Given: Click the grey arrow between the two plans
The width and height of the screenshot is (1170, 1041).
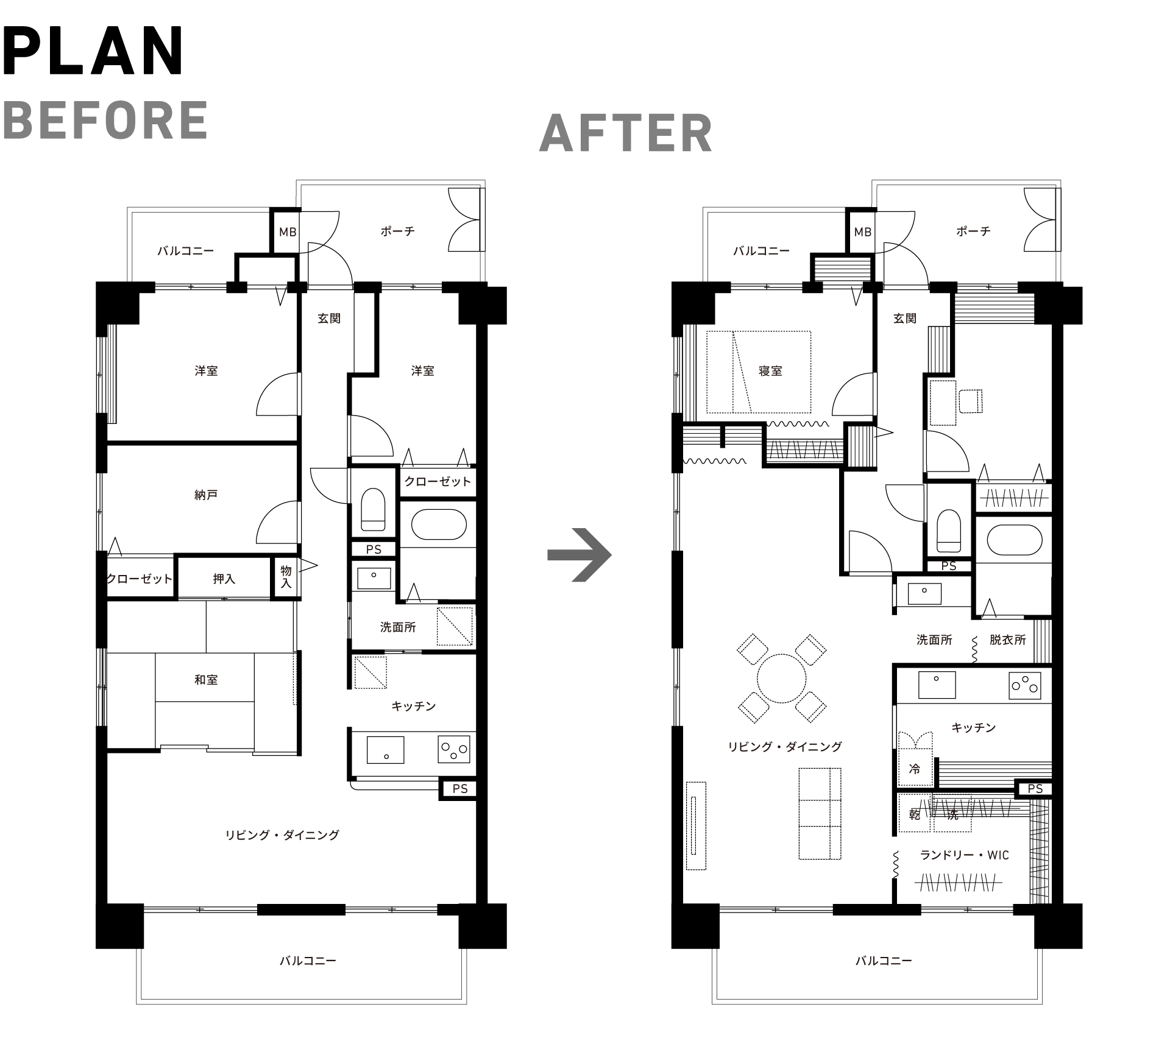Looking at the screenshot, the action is click(579, 554).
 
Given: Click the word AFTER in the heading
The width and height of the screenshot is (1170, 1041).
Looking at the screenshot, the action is click(626, 133).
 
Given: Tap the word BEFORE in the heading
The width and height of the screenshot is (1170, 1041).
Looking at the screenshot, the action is click(106, 120).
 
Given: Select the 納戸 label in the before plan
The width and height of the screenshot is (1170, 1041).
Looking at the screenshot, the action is click(206, 495).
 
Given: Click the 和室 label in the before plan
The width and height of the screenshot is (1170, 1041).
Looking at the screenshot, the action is click(206, 680).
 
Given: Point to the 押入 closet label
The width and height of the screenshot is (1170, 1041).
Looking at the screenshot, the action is click(224, 579).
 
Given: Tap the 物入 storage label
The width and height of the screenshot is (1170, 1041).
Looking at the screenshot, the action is click(286, 577).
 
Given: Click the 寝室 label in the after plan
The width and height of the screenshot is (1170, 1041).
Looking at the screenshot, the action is click(770, 371).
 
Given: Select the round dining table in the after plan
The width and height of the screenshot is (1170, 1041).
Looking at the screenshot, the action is click(782, 678).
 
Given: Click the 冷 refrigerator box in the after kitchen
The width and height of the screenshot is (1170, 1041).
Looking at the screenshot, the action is click(915, 768).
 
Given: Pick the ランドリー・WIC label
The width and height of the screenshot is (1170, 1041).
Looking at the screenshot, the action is click(964, 856).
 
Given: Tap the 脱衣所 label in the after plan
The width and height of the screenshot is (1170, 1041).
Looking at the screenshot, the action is click(1008, 640).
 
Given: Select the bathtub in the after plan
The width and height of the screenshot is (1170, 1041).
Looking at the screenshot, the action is click(1014, 540).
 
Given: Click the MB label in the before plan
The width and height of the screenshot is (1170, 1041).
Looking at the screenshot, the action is click(288, 232).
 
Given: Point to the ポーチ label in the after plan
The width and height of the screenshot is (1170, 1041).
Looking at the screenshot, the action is click(973, 231).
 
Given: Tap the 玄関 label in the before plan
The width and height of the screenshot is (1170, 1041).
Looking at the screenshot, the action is click(329, 319).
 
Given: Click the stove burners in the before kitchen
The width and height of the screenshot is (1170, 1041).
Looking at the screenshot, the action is click(454, 750).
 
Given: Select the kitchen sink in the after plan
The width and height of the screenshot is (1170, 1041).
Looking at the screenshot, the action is click(937, 685).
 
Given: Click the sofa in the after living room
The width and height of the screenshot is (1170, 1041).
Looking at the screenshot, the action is click(820, 814).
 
